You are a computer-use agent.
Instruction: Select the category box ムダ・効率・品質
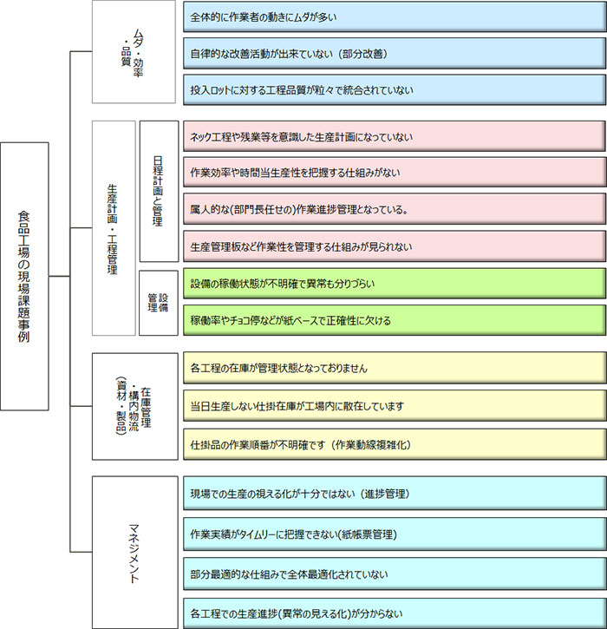click(x=134, y=53)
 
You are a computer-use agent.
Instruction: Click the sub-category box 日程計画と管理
click(x=158, y=191)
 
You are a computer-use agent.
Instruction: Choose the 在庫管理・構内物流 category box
click(x=134, y=404)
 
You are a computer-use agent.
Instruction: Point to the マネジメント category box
click(x=134, y=551)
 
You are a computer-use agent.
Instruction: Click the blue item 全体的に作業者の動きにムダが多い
click(x=395, y=16)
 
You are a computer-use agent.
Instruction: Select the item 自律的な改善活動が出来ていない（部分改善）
click(x=395, y=53)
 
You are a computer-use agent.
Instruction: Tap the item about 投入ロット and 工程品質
click(x=395, y=89)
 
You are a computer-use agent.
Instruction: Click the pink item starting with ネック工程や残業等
click(x=395, y=137)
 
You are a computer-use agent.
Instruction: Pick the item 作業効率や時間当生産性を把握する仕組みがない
click(x=395, y=173)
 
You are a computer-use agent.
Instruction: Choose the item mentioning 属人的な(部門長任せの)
click(x=395, y=209)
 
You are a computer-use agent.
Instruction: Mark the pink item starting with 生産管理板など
click(x=395, y=246)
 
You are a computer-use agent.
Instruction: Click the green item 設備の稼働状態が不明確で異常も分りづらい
click(x=395, y=284)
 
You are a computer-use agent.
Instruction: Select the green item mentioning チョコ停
click(x=395, y=320)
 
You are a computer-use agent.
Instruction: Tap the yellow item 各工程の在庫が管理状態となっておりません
click(x=395, y=368)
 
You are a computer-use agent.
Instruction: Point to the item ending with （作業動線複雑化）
click(x=395, y=444)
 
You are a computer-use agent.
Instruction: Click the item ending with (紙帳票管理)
click(x=395, y=534)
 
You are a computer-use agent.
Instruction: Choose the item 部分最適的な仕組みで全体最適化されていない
click(x=395, y=573)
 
